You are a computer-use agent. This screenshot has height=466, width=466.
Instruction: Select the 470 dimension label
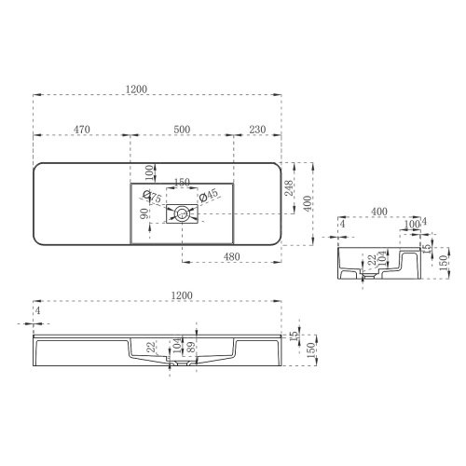coord(81,129)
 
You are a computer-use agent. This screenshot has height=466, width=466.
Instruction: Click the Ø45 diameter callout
coord(210,194)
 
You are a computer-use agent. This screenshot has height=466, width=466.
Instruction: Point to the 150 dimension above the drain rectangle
coord(183,181)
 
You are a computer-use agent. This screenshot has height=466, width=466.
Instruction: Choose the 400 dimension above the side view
coord(378,212)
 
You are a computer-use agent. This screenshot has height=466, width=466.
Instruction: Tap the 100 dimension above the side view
coord(411,224)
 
